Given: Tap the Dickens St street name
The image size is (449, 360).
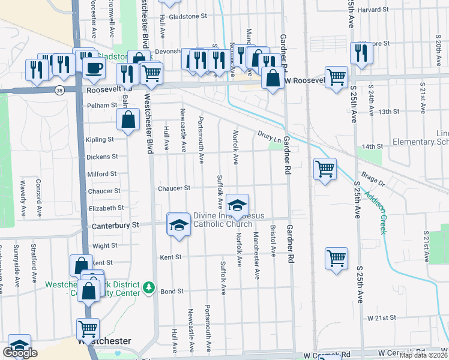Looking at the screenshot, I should click(102, 157).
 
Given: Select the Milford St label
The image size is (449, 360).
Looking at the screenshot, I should click(102, 174).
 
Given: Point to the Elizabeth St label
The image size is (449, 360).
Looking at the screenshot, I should click(106, 208).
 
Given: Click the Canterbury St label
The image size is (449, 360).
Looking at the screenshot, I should click(115, 226).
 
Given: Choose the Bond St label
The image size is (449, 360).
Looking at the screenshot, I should click(172, 292).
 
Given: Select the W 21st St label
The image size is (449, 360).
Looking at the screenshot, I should click(382, 317).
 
